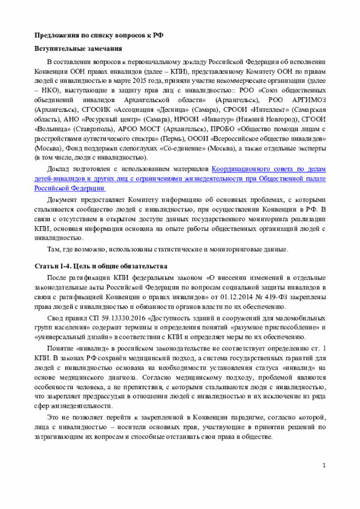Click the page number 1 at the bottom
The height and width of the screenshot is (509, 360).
pyautogui.click(x=324, y=466)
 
